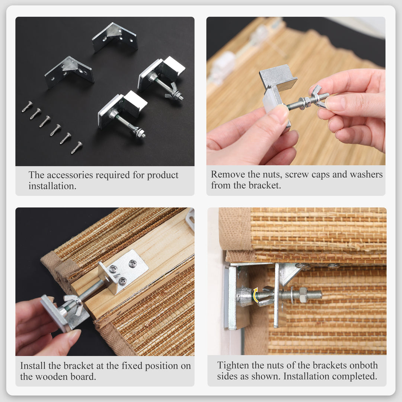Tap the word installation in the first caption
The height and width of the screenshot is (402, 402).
click(52, 186)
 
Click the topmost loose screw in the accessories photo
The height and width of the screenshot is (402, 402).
click(27, 106)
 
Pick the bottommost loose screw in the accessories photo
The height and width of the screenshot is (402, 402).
click(77, 147)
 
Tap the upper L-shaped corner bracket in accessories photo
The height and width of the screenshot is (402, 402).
click(115, 37)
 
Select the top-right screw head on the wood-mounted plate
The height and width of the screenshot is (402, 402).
click(133, 263)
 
